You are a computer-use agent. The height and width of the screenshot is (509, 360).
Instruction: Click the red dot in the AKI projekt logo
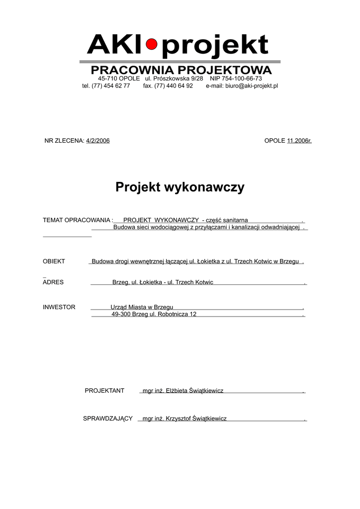(x=152, y=45)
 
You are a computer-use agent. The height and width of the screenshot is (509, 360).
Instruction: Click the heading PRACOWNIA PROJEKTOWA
(x=181, y=70)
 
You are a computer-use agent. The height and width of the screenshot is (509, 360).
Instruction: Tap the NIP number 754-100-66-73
(x=244, y=79)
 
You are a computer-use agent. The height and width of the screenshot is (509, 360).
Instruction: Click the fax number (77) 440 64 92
(x=174, y=85)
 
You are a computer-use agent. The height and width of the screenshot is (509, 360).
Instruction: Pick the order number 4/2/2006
(x=98, y=141)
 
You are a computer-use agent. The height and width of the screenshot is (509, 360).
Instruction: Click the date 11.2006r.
(x=299, y=141)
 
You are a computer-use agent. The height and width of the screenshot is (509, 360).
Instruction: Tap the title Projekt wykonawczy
(x=180, y=187)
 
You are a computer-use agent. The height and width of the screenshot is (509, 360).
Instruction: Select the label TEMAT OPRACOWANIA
(x=77, y=220)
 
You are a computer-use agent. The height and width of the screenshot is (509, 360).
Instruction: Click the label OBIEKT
(x=54, y=261)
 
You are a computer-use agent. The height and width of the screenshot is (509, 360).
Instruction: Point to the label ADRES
(x=53, y=282)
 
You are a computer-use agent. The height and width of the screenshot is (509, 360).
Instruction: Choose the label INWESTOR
(x=59, y=307)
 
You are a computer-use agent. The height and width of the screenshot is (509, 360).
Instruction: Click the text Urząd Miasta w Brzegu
(x=142, y=307)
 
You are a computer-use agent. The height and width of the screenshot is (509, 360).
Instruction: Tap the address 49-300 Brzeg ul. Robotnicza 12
(x=154, y=314)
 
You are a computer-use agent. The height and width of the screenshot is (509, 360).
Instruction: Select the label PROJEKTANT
(x=104, y=391)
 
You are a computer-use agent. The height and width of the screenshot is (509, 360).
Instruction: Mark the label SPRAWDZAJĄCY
(x=107, y=419)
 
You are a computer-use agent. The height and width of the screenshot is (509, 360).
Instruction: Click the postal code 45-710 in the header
(x=108, y=79)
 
